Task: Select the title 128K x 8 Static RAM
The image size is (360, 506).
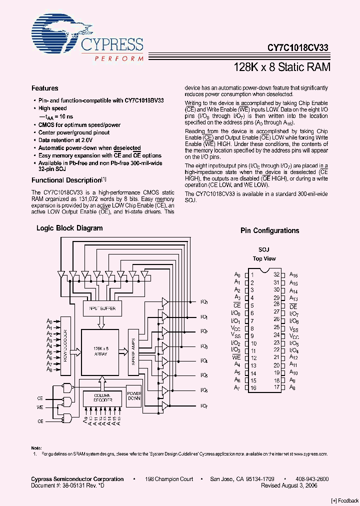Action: point(282,66)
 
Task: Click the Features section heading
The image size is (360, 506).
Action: point(45,88)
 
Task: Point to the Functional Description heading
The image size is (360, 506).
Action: point(66,180)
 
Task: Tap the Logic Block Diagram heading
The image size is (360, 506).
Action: point(69,228)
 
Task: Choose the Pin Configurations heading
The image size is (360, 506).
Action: point(269,230)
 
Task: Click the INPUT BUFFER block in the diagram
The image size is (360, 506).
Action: point(102,308)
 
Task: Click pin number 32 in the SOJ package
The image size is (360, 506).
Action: point(276,274)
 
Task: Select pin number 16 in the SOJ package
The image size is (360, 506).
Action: point(253,387)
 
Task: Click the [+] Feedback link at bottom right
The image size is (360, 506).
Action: point(344,500)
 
